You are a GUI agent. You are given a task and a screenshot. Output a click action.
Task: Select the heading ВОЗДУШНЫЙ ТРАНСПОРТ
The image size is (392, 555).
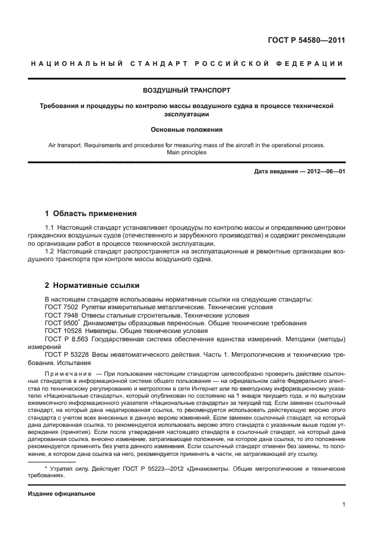click(186, 90)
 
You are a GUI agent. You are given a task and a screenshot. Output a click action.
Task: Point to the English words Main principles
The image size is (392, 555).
click(186, 152)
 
